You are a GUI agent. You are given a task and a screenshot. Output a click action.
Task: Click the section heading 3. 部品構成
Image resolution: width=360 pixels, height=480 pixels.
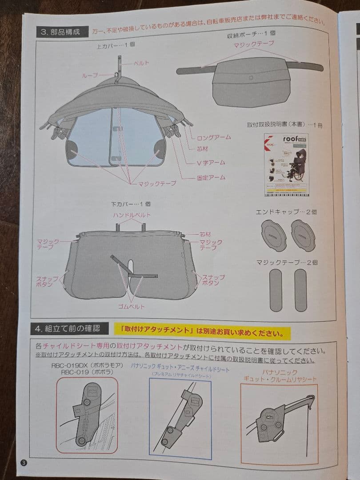[60, 32]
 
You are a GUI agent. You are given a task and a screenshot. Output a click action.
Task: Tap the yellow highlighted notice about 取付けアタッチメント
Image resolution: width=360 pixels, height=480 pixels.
[202, 332]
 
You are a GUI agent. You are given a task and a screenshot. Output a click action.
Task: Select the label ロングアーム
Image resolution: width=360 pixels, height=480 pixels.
[214, 137]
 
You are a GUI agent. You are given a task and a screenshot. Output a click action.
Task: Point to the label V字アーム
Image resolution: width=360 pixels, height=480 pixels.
[211, 163]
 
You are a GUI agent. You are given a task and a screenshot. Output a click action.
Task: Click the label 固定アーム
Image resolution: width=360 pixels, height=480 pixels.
[211, 178]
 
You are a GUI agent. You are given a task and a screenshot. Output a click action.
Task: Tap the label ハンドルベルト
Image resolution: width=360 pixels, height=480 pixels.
[132, 215]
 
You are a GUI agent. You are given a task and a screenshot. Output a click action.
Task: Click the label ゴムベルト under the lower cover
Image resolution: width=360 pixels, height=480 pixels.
[132, 307]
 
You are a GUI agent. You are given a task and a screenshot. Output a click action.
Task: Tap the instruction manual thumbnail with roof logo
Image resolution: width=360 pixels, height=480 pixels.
[286, 164]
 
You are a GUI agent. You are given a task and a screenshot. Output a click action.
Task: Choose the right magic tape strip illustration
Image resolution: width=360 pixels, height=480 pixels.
[300, 290]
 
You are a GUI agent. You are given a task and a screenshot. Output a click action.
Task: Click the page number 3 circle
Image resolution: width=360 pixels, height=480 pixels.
[24, 462]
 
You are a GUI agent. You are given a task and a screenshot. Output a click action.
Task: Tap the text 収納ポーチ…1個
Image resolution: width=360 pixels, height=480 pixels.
[251, 34]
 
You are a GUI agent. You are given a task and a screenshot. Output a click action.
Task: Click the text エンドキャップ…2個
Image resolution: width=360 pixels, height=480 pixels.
[286, 212]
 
